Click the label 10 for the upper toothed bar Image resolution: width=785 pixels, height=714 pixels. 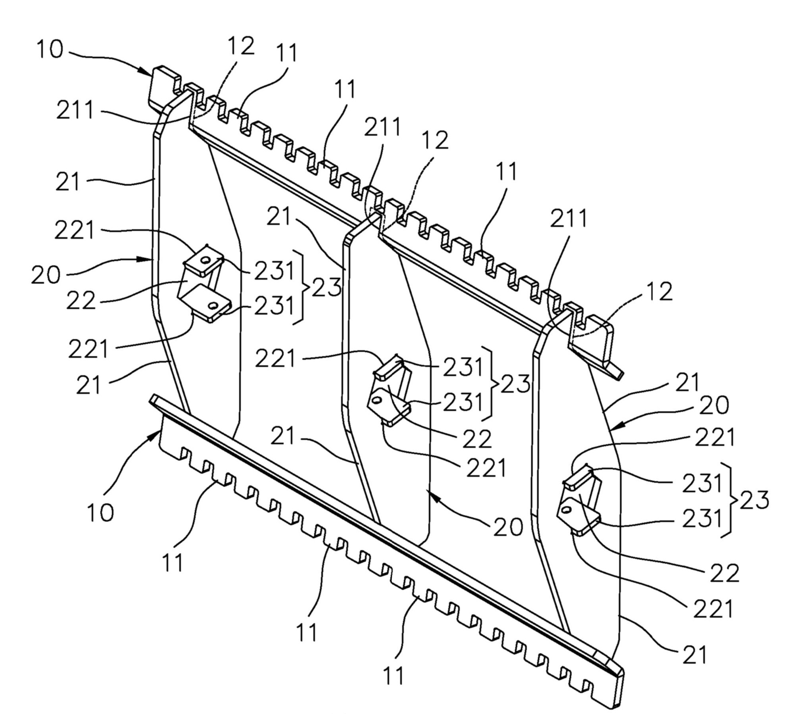(x=50, y=50)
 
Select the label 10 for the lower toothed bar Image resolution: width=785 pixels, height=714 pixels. (x=100, y=512)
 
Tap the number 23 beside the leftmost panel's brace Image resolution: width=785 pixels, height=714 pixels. (x=326, y=287)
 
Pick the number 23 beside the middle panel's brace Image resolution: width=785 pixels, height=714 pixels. (x=515, y=384)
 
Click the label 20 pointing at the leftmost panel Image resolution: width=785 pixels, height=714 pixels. (x=46, y=274)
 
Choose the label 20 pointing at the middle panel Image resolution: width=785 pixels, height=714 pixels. (x=508, y=527)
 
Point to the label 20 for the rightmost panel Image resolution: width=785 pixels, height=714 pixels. (x=714, y=405)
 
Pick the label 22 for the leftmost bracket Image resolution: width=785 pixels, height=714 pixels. (x=81, y=301)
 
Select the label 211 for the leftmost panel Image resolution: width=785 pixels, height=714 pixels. (x=75, y=110)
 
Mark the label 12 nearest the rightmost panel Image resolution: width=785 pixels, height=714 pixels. (x=659, y=292)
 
